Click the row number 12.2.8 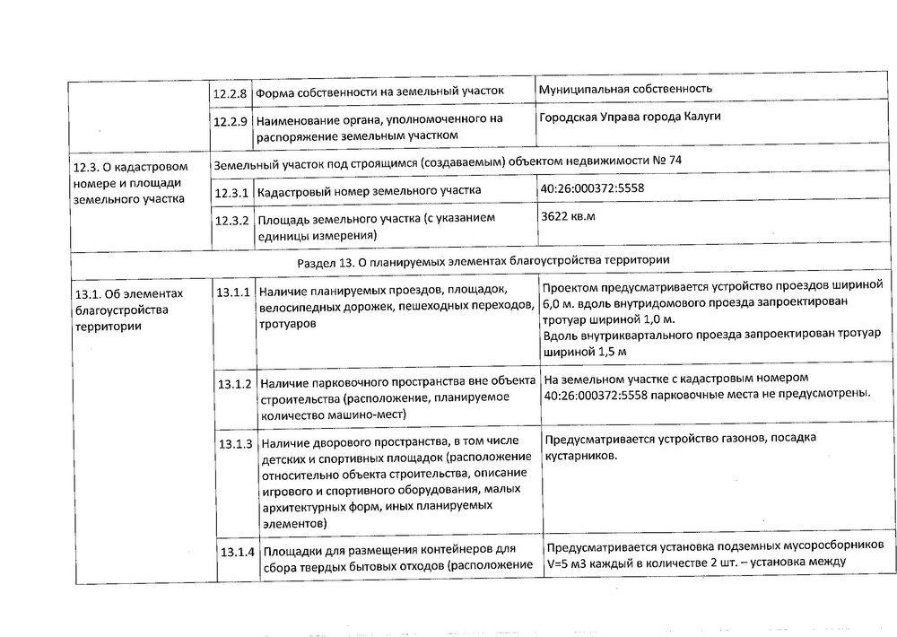point(231,92)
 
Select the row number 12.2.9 point(231,120)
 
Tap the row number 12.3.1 point(231,191)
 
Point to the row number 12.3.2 point(231,220)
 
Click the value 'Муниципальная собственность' point(626,89)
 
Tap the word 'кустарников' point(580,456)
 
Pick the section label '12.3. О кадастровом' point(129,167)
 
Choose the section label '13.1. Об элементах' point(130,294)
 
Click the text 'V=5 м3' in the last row point(567,563)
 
